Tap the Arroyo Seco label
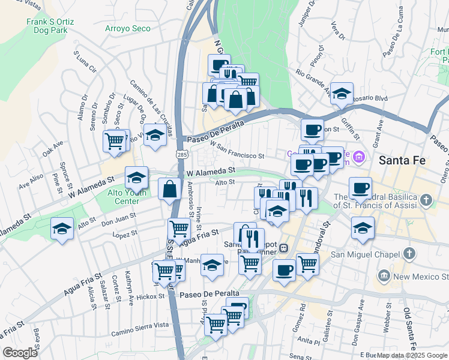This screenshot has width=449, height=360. click(128, 28)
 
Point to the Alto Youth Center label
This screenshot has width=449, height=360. click(126, 197)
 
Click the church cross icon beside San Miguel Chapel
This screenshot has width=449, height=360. click(409, 253)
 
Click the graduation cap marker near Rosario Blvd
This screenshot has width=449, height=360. click(342, 94)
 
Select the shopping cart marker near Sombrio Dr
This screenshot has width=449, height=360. click(113, 140)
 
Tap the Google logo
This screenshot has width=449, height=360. click(20, 352)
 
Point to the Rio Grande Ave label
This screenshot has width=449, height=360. click(313, 82)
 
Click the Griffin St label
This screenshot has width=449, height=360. click(349, 122)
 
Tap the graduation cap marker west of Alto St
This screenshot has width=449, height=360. click(62, 229)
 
